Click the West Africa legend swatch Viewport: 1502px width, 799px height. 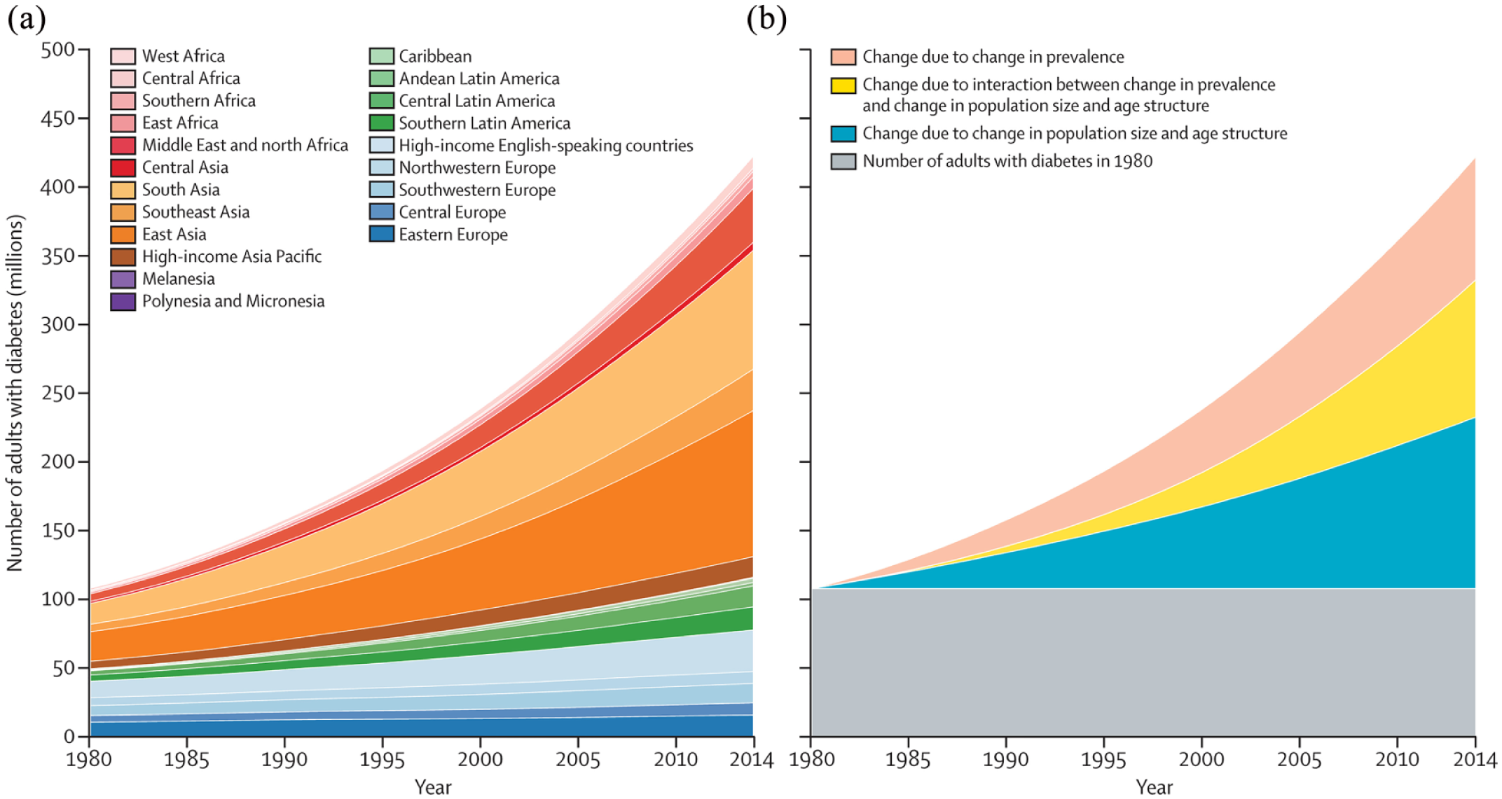(x=123, y=56)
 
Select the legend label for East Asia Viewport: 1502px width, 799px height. (x=174, y=235)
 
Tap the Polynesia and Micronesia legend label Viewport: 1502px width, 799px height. (x=233, y=301)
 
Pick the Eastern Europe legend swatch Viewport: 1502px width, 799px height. (x=382, y=235)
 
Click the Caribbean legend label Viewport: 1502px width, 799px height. (x=435, y=56)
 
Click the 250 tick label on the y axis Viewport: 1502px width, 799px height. (x=58, y=393)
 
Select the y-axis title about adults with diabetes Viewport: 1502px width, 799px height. (x=15, y=392)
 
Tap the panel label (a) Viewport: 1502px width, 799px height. (x=27, y=19)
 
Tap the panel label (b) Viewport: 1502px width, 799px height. (x=766, y=19)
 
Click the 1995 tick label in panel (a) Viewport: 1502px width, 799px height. (x=382, y=760)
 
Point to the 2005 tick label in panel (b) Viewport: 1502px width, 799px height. (x=1299, y=760)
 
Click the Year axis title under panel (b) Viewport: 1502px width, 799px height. (x=1154, y=787)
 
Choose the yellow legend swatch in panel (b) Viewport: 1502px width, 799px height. (x=843, y=85)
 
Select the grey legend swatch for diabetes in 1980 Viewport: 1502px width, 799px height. (x=843, y=162)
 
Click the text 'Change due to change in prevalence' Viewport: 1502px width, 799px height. (x=993, y=57)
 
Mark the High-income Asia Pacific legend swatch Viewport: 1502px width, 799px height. (x=123, y=257)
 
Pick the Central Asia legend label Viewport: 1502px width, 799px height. (x=185, y=167)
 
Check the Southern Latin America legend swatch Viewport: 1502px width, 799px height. (x=382, y=123)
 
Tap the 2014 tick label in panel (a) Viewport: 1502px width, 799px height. (x=751, y=760)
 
